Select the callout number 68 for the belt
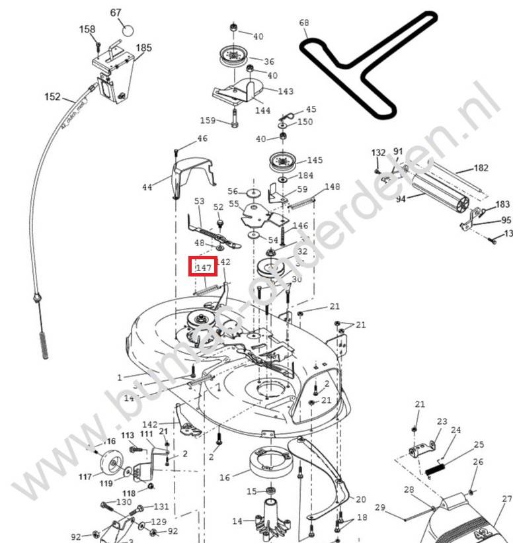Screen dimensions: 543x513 click(x=304, y=23)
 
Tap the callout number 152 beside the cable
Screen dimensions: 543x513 click(x=52, y=97)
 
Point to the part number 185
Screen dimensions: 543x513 click(x=143, y=48)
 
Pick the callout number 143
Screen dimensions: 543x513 click(x=286, y=91)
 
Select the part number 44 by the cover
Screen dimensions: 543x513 click(x=147, y=187)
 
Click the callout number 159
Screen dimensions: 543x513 click(x=208, y=120)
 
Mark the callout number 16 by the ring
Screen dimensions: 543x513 click(x=225, y=477)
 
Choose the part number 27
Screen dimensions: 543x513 click(x=506, y=499)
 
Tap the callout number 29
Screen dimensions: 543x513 click(x=380, y=507)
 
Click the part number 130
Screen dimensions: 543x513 click(x=124, y=502)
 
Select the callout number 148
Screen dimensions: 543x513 click(x=332, y=187)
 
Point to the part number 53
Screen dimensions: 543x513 click(x=199, y=200)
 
